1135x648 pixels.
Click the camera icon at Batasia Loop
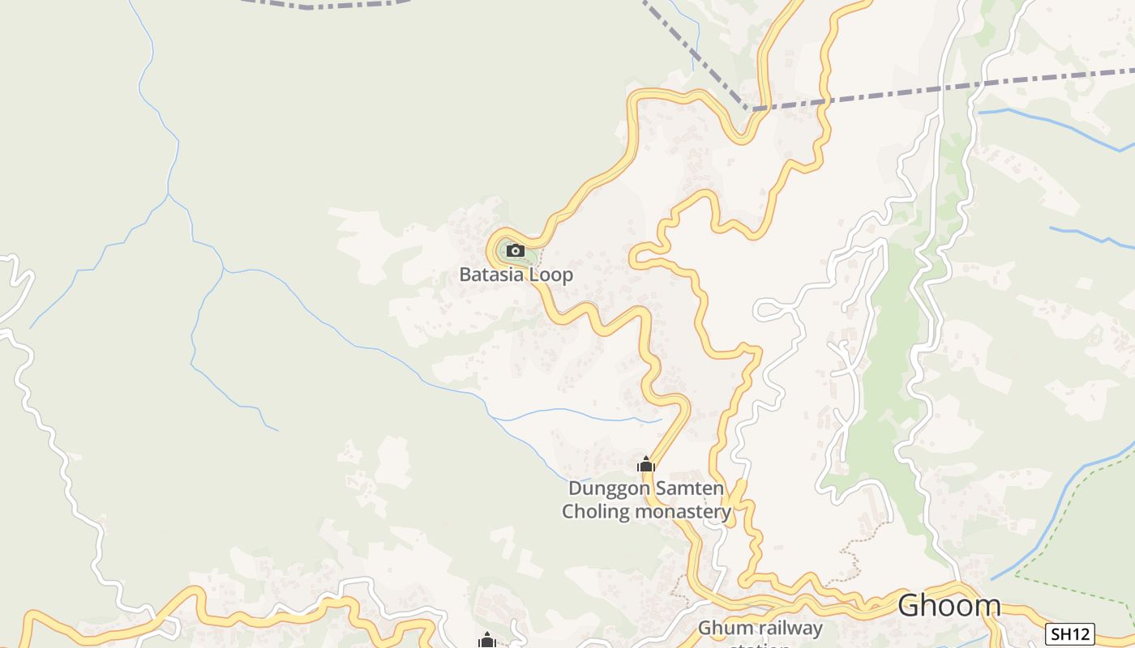pos(516,250)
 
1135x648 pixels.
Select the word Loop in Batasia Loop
pos(551,275)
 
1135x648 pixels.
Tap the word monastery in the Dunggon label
pos(683,512)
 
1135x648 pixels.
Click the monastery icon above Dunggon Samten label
pos(646,465)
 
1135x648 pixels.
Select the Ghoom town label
pos(949,605)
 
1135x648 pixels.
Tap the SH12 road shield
pos(1069,633)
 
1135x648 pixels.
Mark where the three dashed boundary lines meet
pos(749,109)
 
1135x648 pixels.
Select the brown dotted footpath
pos(851,559)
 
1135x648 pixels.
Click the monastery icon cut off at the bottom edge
pos(486,641)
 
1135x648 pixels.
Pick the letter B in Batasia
pos(465,275)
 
